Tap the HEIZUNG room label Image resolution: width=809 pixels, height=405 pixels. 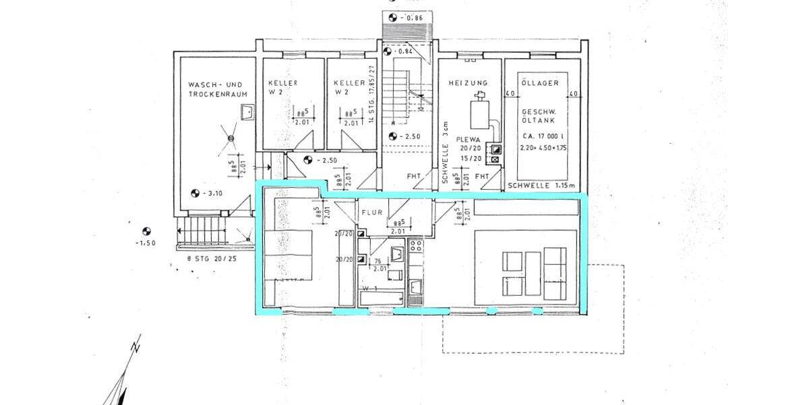point(468,82)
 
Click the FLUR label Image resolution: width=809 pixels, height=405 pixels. point(372,212)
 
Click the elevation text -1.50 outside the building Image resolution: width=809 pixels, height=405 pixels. point(144,242)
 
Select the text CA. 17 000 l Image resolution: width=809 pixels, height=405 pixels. point(543,136)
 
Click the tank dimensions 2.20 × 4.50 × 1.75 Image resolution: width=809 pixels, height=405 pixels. point(543,146)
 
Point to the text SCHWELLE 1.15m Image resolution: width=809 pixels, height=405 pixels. point(542,185)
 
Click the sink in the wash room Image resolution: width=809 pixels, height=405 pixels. point(247,111)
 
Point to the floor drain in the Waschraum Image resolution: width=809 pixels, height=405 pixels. point(230,138)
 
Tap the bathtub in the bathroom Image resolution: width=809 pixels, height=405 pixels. point(381,297)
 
